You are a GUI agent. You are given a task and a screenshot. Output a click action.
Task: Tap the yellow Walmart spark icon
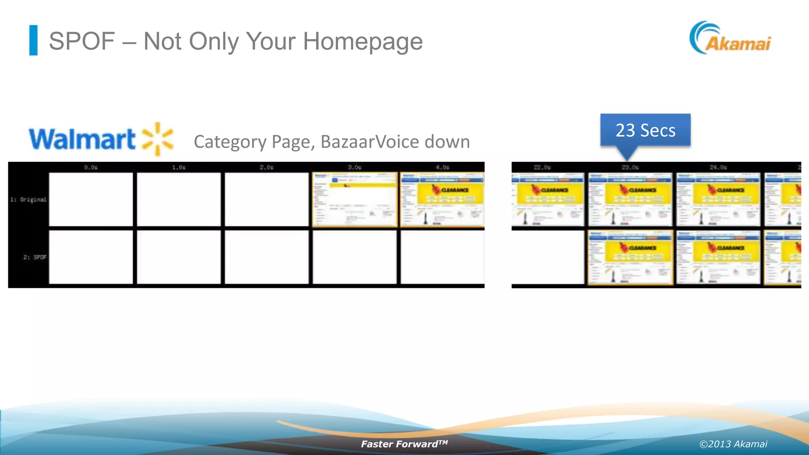[158, 139]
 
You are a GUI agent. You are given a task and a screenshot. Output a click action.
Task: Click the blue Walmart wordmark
[82, 139]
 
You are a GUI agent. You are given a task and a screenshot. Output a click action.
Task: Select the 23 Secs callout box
[645, 130]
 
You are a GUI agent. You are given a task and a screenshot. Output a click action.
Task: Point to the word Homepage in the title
[363, 41]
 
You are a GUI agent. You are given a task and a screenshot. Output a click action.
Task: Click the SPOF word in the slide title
[82, 41]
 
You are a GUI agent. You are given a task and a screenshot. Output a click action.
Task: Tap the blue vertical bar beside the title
[34, 40]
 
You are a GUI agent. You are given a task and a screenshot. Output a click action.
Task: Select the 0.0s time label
[90, 167]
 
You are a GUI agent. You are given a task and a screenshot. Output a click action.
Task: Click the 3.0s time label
[354, 167]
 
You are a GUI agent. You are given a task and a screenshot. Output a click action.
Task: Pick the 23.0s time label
[630, 167]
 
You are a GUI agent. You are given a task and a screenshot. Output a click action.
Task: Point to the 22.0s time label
[542, 167]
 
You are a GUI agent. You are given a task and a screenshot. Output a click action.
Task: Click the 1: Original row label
[28, 200]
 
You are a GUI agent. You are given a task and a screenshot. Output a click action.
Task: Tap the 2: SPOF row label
[35, 257]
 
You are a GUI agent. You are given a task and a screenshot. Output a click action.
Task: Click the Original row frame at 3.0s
[354, 200]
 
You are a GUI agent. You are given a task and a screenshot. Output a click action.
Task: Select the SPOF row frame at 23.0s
[630, 257]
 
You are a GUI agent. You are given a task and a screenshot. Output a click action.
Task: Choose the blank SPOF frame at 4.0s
[442, 257]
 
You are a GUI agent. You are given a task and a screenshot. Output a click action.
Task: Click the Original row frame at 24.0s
[718, 200]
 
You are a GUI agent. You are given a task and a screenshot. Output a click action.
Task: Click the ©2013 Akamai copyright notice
[733, 444]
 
